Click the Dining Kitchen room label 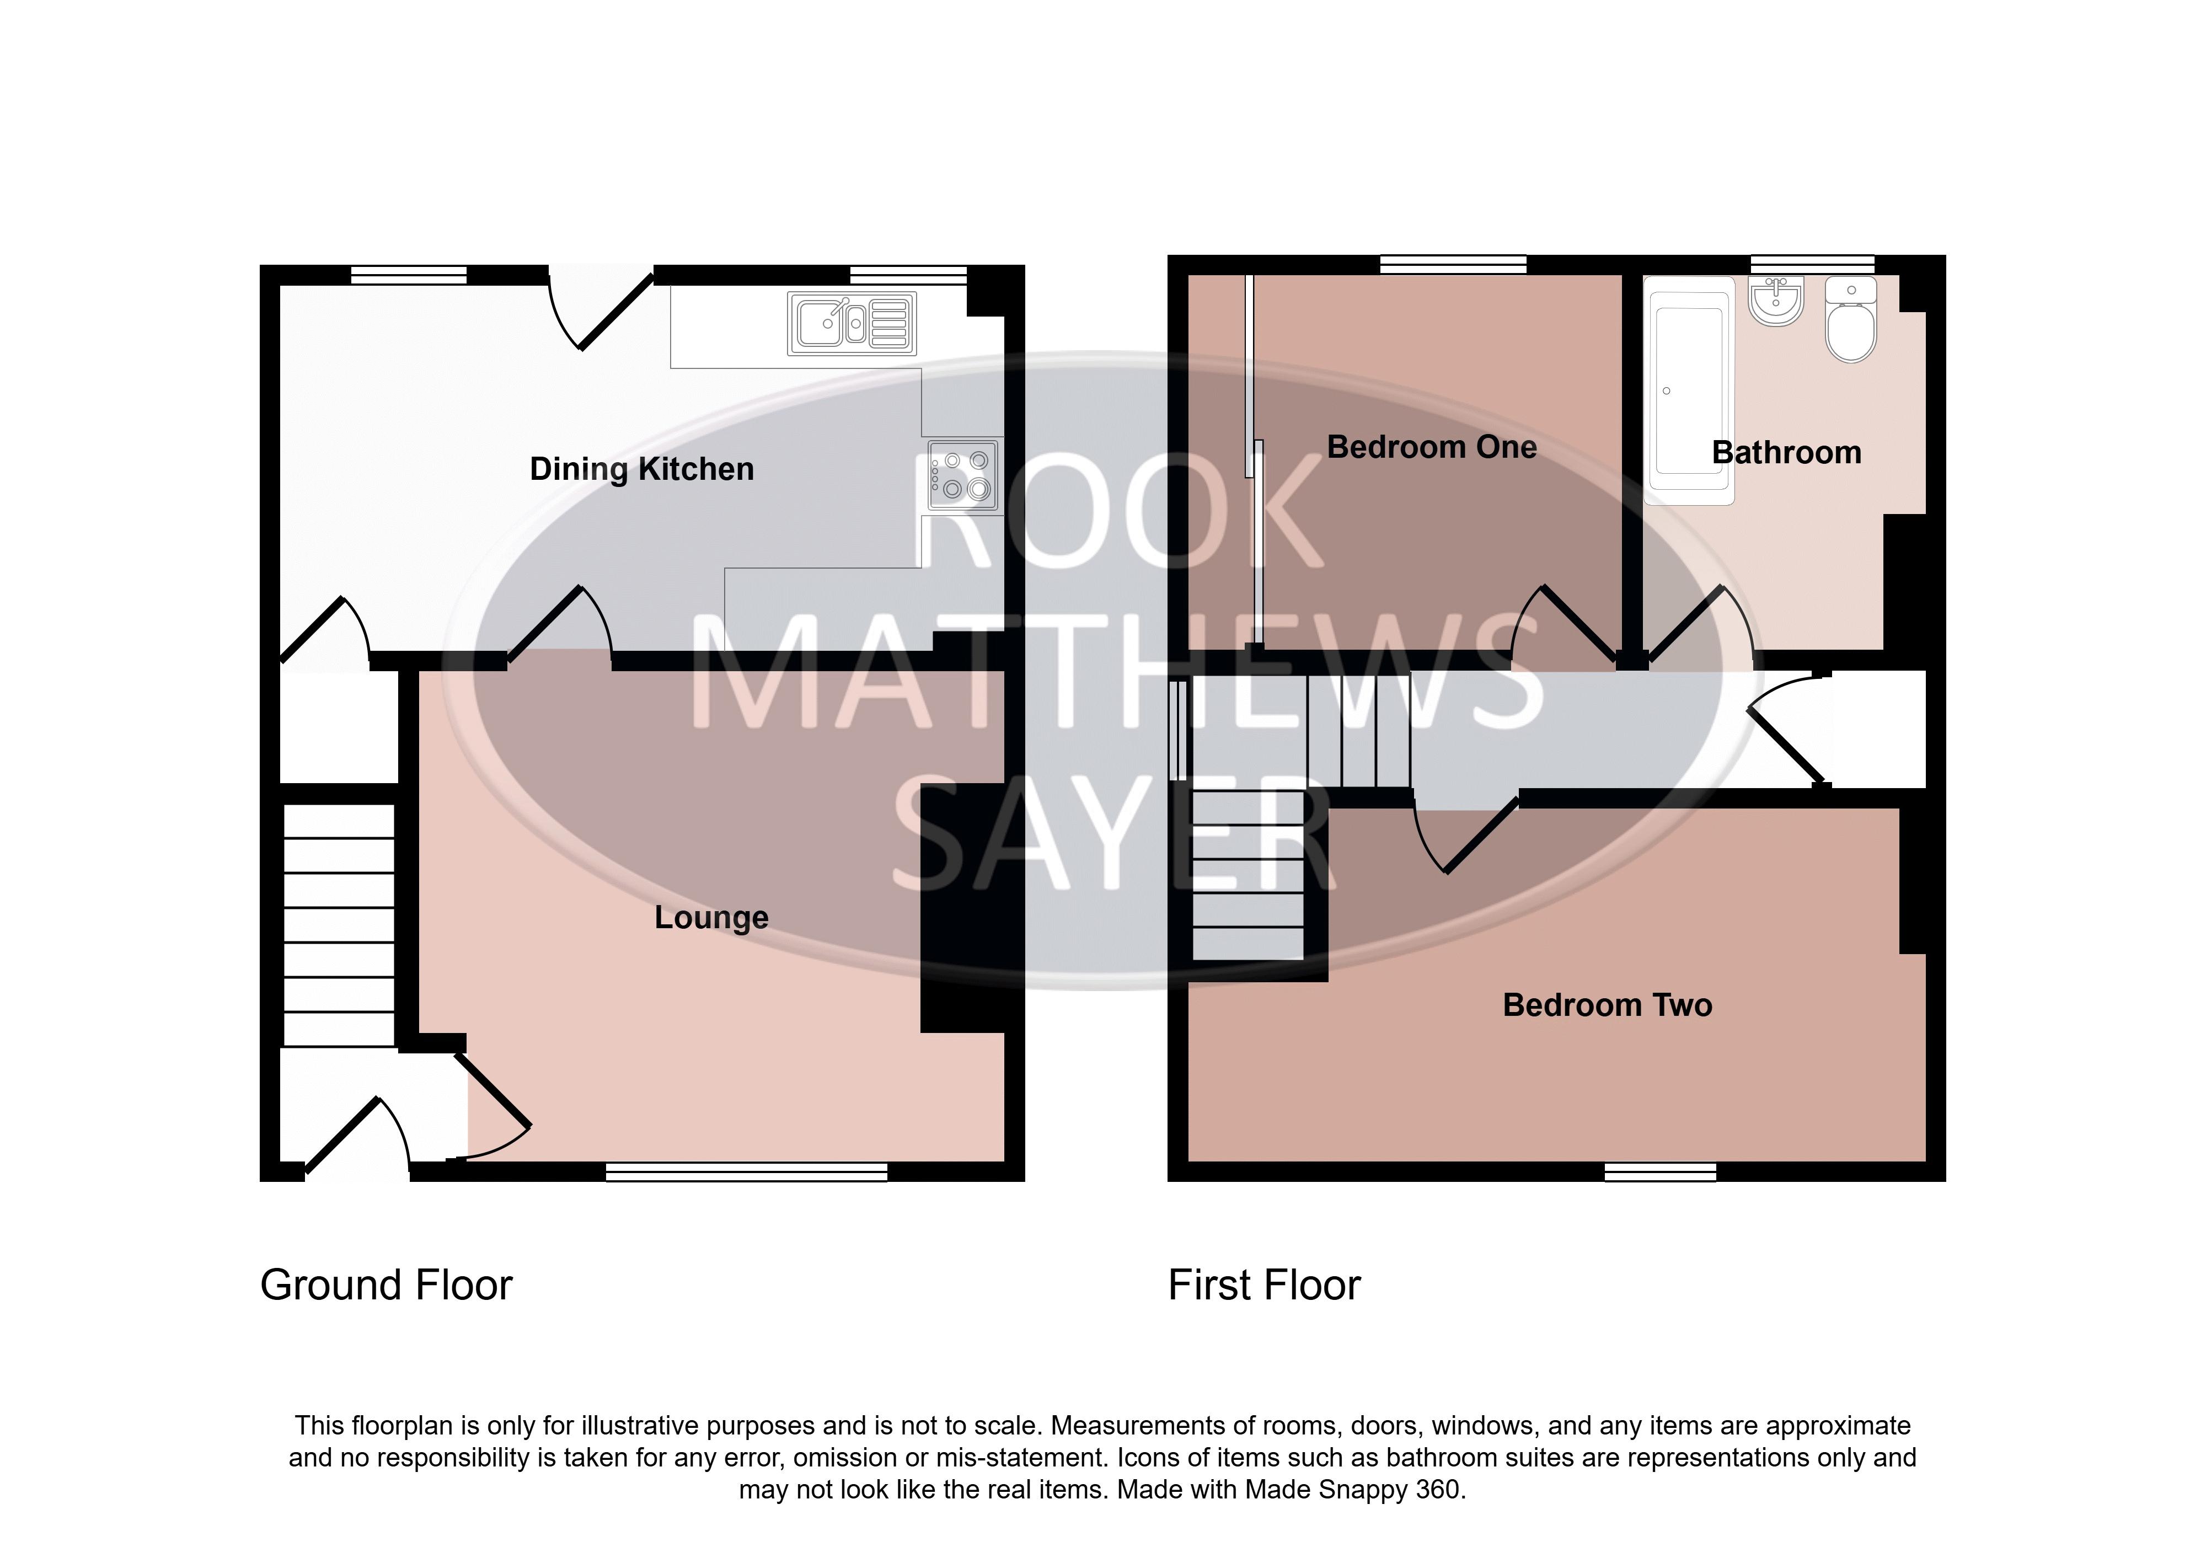[x=642, y=469]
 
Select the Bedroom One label [x=1432, y=447]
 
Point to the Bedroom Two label [x=1608, y=1005]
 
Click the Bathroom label [x=1786, y=453]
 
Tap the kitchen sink [x=852, y=323]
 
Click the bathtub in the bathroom [x=1689, y=391]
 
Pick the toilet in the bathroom [x=1850, y=320]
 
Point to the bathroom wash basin [x=1776, y=301]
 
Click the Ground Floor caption [x=386, y=1284]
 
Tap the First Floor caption [x=1265, y=1284]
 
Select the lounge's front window [x=747, y=1171]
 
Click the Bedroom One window [x=1453, y=264]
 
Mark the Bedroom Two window [x=1660, y=1171]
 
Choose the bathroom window [x=1812, y=264]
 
